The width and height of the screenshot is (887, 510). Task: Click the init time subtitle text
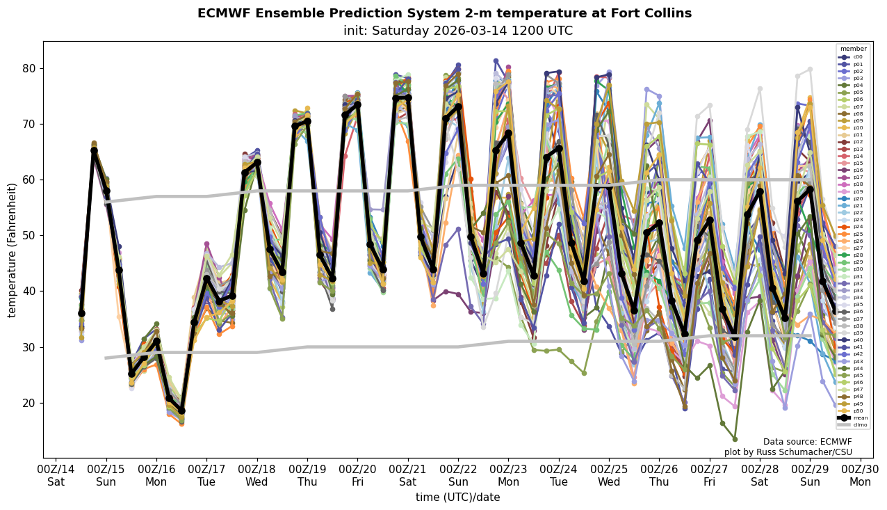click(x=457, y=31)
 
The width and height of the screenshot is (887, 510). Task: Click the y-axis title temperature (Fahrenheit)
click(x=13, y=250)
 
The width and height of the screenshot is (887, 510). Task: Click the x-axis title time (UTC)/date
click(x=457, y=497)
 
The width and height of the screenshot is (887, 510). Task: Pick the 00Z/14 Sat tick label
click(x=56, y=475)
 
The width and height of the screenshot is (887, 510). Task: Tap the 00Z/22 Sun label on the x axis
click(x=458, y=475)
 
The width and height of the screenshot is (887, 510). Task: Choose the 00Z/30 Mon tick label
click(x=860, y=475)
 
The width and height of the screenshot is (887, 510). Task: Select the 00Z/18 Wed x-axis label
click(x=257, y=475)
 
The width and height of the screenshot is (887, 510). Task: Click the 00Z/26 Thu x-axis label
click(x=659, y=475)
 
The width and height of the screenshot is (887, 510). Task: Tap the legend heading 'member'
click(x=853, y=49)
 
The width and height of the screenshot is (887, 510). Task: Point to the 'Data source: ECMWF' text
click(x=807, y=442)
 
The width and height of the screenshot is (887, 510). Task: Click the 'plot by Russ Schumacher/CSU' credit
click(x=788, y=452)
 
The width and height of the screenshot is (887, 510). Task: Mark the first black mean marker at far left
click(x=81, y=313)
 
